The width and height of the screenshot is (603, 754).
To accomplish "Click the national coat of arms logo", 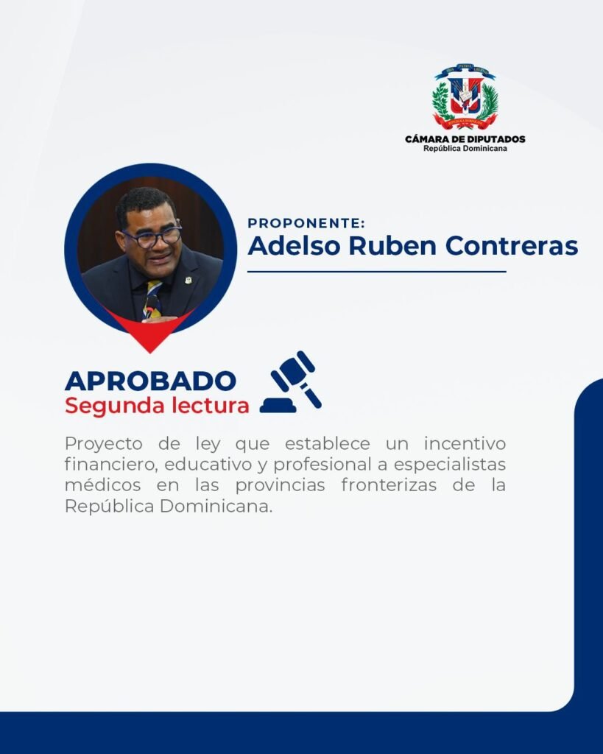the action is tap(465, 98).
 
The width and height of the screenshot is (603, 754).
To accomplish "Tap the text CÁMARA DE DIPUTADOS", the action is tap(465, 139).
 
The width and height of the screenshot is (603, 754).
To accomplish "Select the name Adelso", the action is tap(295, 245).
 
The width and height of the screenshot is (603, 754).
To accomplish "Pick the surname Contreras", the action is tap(512, 245).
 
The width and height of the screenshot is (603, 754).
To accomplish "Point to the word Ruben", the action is tap(393, 245).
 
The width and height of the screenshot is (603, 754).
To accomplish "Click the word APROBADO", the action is tap(150, 381).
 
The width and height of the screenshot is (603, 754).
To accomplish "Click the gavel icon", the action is tap(291, 382).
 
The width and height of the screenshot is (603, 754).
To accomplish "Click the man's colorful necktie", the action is tap(153, 300).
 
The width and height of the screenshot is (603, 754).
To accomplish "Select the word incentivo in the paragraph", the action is tap(465, 443).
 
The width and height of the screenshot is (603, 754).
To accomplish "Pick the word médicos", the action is tap(103, 485).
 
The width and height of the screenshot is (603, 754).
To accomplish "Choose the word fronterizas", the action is tap(389, 485).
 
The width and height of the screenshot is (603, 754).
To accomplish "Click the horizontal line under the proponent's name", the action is tap(377, 272).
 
